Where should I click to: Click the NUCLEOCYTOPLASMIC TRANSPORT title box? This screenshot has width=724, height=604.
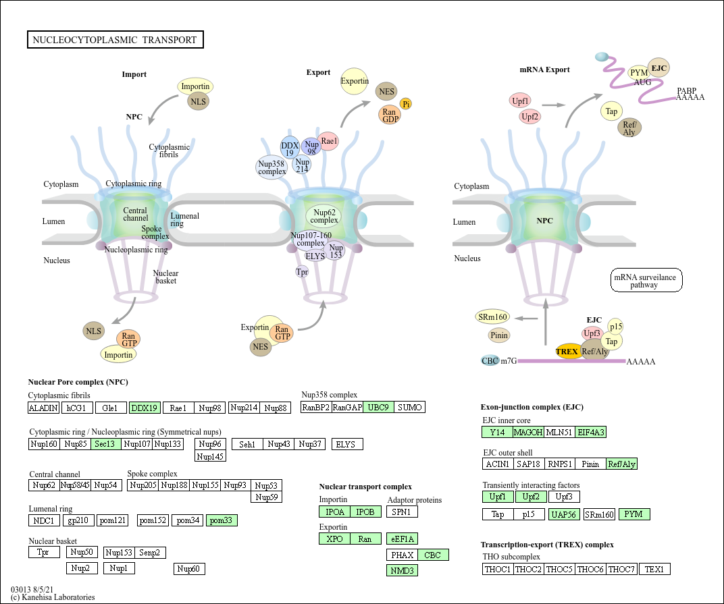coord(115,40)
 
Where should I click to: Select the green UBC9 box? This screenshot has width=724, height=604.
coord(379,408)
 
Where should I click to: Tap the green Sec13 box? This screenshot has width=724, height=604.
coord(106,444)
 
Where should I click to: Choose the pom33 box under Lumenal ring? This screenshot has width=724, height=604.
coord(222,520)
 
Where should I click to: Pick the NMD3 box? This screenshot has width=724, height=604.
coord(402,571)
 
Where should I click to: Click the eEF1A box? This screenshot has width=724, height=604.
coord(402,539)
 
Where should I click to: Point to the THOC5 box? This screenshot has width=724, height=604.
coord(560,570)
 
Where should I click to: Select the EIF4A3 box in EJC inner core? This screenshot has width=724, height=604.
coord(590,433)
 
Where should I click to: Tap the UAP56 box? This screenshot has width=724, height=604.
coord(564,514)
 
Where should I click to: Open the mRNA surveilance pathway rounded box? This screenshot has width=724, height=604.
coord(646,280)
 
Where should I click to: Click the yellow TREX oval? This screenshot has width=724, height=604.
coord(567,351)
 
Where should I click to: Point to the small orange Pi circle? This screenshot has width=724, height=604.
coord(406,105)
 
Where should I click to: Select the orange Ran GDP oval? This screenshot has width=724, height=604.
coord(389,115)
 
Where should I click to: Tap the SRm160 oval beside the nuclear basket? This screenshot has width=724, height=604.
coord(492,317)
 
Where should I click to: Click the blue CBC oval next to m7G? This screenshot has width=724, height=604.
coord(490,361)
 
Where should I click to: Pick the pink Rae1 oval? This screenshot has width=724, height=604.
coord(328,141)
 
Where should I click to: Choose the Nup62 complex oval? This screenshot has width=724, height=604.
coord(324,216)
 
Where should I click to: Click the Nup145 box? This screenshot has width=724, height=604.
coord(210,456)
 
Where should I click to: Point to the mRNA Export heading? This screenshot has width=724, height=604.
coord(544,70)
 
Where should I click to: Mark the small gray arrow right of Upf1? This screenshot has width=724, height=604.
coord(554,105)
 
